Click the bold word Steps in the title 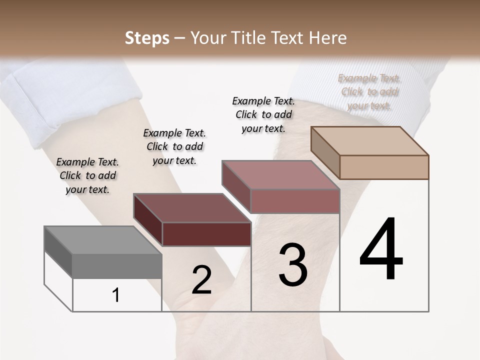[147, 38]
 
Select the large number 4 [381, 248]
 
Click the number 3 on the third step [292, 265]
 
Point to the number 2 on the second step [202, 280]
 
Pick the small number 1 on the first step [116, 295]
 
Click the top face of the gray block [102, 240]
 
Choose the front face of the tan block [384, 167]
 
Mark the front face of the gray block [117, 266]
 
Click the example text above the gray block [87, 175]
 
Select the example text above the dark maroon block [174, 146]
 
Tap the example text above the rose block [263, 114]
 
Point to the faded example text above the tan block [369, 92]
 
